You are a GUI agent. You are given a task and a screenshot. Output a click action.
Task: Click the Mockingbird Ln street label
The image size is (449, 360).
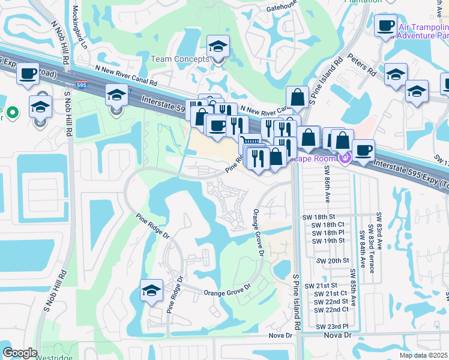point(80,28)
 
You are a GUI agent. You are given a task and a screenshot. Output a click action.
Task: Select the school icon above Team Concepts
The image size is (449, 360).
point(218,47)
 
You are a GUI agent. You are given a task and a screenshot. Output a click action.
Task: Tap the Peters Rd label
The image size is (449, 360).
point(364,65)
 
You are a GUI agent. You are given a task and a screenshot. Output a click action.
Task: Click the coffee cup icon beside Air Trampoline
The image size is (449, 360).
point(385,26)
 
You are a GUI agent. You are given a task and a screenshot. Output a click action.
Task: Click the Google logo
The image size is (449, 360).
point(20,353)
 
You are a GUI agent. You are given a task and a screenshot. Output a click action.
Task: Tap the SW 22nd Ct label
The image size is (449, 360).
point(331,310)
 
